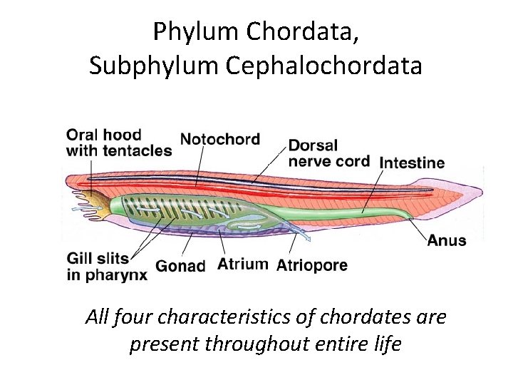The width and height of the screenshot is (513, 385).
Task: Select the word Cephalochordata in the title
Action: (x=324, y=66)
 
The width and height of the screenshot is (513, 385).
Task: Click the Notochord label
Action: (x=220, y=138)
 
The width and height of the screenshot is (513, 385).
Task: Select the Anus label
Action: (x=447, y=240)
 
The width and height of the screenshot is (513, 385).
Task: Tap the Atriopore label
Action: (x=311, y=265)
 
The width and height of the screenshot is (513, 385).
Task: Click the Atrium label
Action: (x=243, y=265)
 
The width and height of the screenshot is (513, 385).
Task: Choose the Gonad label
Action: (x=180, y=266)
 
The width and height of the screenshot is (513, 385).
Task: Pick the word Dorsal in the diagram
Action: (x=313, y=145)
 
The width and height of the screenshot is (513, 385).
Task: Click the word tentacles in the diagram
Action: (x=138, y=150)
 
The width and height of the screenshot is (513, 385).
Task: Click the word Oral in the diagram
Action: (x=82, y=135)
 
